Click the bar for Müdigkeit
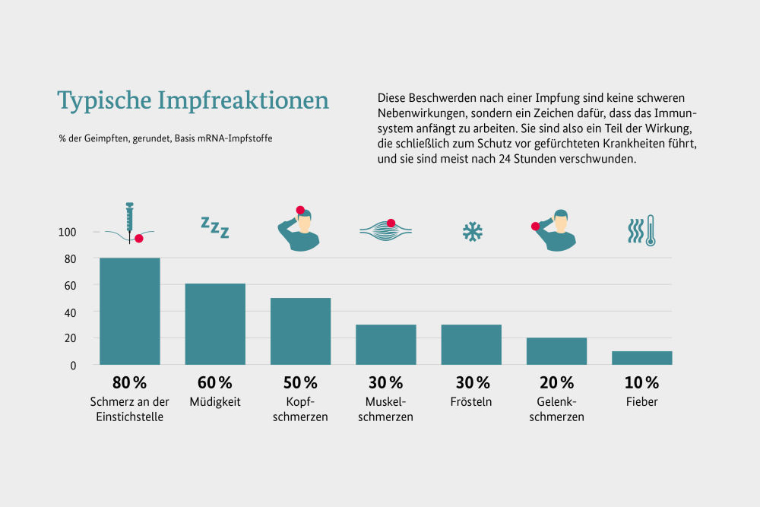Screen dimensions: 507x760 point(215,324)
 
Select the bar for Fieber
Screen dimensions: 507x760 point(642,357)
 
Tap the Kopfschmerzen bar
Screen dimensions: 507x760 point(301,331)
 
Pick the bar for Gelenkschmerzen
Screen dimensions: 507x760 point(557,350)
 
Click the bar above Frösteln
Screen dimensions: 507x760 point(471,344)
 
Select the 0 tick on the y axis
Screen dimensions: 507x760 point(74,365)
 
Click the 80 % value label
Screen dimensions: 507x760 point(129,382)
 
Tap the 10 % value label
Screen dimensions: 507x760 point(642,382)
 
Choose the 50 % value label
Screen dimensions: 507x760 point(300,382)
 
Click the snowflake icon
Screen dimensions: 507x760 point(473,231)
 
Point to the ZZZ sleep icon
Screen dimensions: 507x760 point(214,227)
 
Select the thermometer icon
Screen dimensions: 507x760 point(651,230)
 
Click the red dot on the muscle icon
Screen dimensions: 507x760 point(391,223)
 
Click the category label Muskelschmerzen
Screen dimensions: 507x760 point(386,410)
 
